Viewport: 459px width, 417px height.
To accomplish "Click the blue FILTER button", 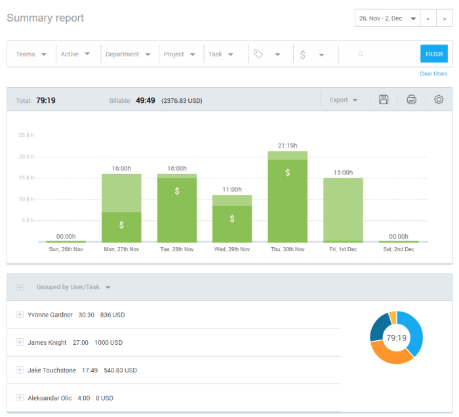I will click(433, 54).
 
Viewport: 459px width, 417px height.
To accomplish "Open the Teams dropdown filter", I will click(31, 54).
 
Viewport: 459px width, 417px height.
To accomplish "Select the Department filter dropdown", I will click(128, 54).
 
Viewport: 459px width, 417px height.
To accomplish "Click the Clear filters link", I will click(433, 74).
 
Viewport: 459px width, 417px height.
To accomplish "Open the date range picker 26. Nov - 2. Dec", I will click(388, 18).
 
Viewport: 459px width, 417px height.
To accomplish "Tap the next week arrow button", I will click(444, 18).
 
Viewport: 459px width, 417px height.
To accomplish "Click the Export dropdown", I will click(344, 100).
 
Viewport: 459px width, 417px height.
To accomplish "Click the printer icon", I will click(411, 100).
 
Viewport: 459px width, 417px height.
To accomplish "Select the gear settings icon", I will click(439, 100).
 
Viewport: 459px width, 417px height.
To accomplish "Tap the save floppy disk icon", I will click(384, 100).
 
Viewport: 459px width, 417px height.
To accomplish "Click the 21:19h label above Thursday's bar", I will click(287, 146).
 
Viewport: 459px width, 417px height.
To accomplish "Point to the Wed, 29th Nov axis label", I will click(232, 250).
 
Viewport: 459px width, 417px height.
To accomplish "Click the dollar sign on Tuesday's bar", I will click(177, 191).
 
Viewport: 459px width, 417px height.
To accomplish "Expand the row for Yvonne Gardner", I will click(20, 315).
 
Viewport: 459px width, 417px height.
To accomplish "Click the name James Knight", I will click(47, 343).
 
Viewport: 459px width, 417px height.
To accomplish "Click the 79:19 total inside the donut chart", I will click(396, 338).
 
